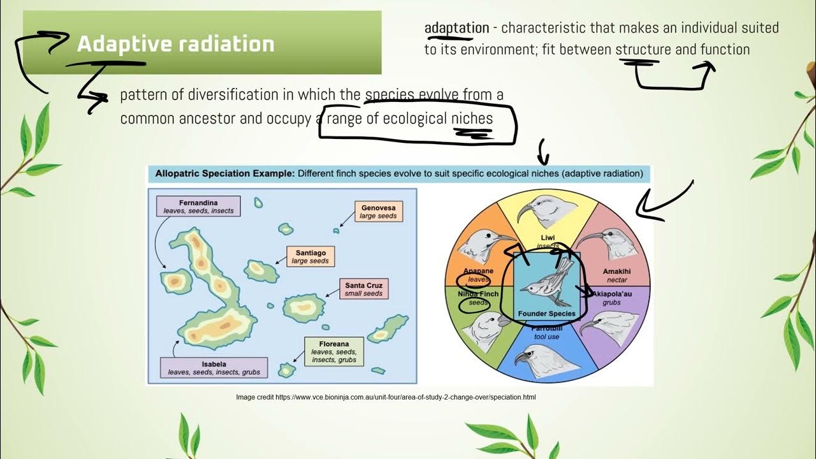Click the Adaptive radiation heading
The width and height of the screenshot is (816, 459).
pyautogui.click(x=175, y=44)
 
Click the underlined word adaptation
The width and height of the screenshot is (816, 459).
pyautogui.click(x=456, y=28)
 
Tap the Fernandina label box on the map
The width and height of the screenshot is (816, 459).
pyautogui.click(x=198, y=207)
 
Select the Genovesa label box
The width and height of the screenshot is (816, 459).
pyautogui.click(x=379, y=212)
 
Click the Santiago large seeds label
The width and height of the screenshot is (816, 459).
pyautogui.click(x=310, y=257)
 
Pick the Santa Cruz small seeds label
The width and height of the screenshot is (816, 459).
pyautogui.click(x=363, y=289)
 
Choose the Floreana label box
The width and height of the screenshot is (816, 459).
pyautogui.click(x=334, y=352)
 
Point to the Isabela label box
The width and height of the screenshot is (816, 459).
pyautogui.click(x=214, y=368)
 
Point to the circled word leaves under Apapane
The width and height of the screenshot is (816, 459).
pyautogui.click(x=477, y=279)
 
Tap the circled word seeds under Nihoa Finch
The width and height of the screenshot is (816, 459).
pyautogui.click(x=477, y=303)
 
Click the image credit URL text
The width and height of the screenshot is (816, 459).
pyautogui.click(x=386, y=397)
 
